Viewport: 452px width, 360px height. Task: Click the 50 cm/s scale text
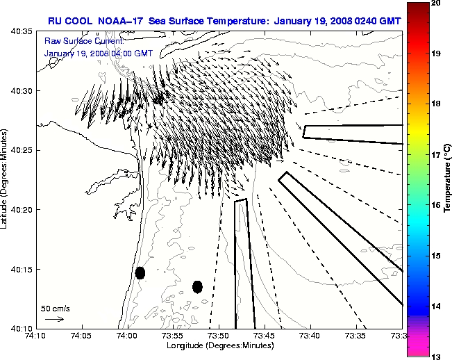(55, 308)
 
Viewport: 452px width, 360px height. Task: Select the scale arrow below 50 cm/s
(55, 319)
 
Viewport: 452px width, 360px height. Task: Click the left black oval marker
(140, 272)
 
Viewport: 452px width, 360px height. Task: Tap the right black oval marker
(197, 286)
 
